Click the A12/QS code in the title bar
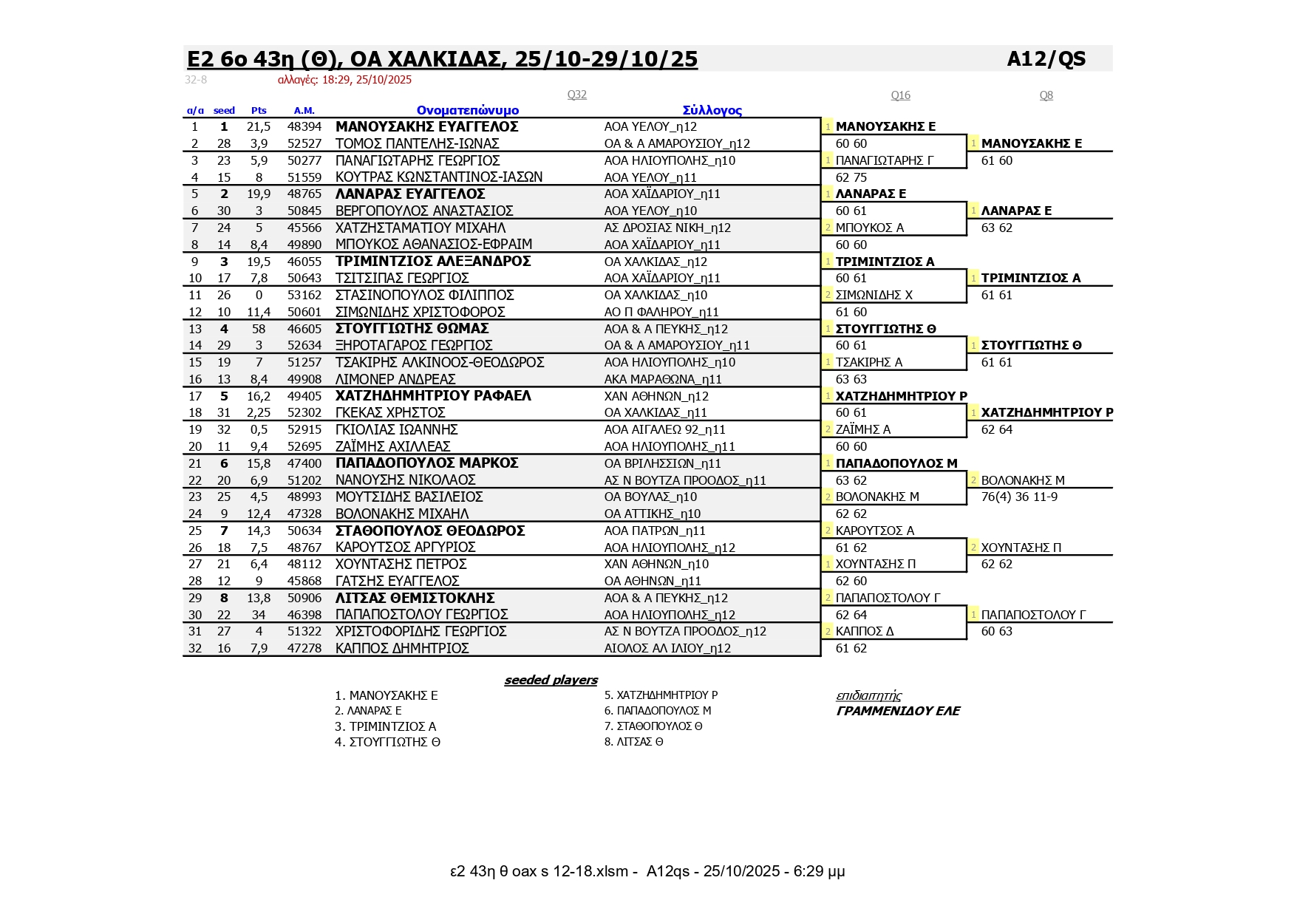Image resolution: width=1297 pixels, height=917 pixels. pyautogui.click(x=1046, y=59)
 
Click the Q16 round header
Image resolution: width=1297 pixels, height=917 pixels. pyautogui.click(x=900, y=95)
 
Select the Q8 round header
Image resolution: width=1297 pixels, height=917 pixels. pyautogui.click(x=1046, y=95)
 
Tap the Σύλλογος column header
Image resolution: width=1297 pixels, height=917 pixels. pyautogui.click(x=712, y=111)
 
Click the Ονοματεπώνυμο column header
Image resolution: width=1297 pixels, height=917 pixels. pyautogui.click(x=467, y=111)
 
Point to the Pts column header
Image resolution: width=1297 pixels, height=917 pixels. pyautogui.click(x=259, y=111)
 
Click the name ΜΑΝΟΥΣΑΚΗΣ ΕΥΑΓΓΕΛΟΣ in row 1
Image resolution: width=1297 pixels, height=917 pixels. pyautogui.click(x=426, y=127)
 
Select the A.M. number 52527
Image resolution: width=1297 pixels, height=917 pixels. pyautogui.click(x=304, y=144)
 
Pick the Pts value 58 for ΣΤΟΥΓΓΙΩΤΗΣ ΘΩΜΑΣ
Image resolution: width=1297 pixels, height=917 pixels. pyautogui.click(x=259, y=329)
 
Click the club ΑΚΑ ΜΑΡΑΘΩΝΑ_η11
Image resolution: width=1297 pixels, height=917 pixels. pyautogui.click(x=653, y=379)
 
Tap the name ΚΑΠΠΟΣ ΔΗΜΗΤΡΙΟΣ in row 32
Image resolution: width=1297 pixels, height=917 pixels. pyautogui.click(x=402, y=648)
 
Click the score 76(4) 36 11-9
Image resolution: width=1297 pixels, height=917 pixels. pyautogui.click(x=1019, y=497)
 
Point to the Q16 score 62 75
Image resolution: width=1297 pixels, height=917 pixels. pyautogui.click(x=851, y=177)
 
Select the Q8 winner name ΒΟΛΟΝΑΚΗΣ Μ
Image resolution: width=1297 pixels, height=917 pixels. pyautogui.click(x=1023, y=480)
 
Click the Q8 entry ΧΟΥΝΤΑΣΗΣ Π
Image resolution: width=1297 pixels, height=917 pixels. pyautogui.click(x=1021, y=548)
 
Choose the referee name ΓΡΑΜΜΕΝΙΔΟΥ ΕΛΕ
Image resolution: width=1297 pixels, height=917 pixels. pyautogui.click(x=897, y=711)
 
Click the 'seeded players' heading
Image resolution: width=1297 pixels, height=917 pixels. pyautogui.click(x=551, y=681)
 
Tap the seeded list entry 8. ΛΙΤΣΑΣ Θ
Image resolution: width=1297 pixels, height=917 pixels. pyautogui.click(x=633, y=742)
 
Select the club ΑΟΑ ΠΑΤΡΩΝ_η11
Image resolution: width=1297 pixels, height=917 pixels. pyautogui.click(x=655, y=531)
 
